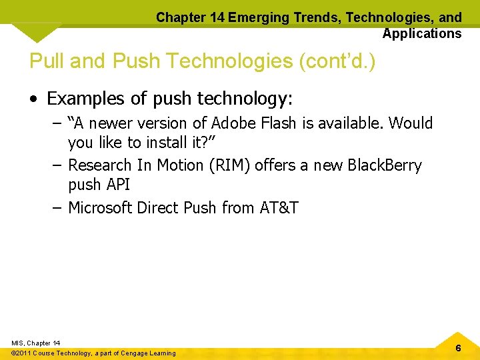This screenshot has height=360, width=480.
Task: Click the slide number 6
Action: [458, 349]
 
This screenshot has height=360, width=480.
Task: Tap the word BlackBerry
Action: [385, 165]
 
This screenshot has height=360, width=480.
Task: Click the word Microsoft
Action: [101, 208]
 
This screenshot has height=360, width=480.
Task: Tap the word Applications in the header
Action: [422, 33]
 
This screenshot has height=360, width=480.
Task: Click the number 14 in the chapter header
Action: [215, 18]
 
